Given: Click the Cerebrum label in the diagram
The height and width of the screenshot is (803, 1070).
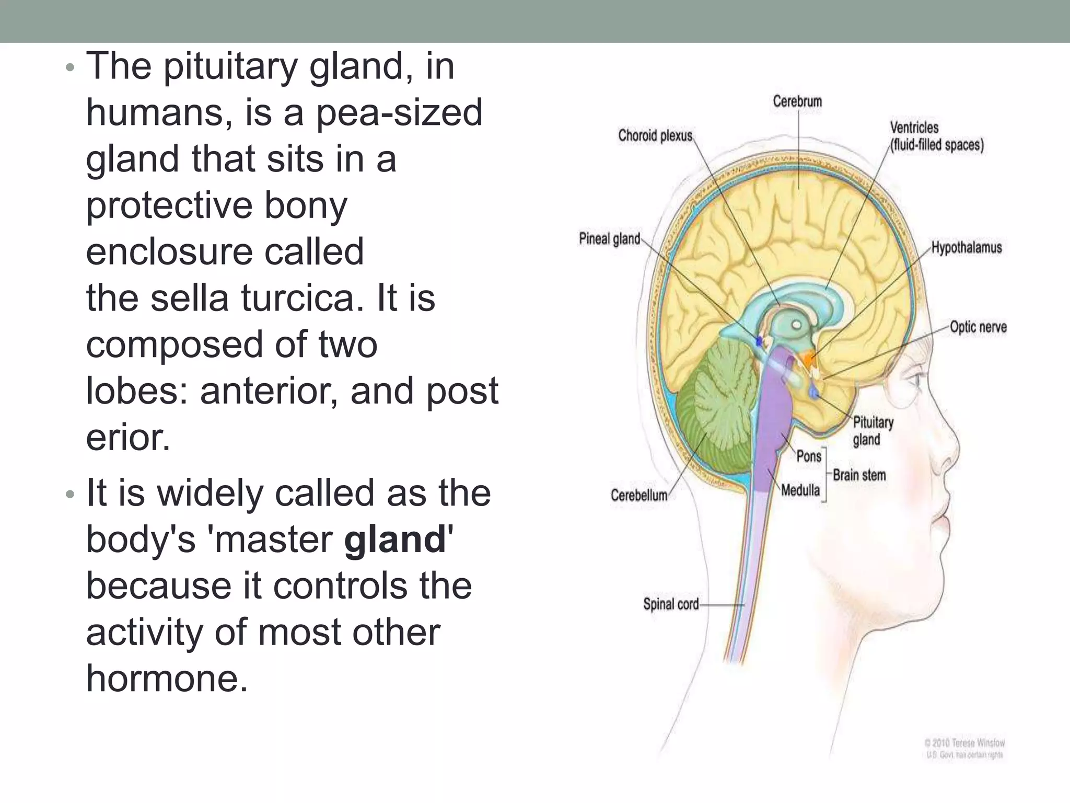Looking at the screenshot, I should (x=797, y=101).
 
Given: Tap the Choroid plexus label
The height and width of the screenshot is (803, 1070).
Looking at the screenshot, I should (x=655, y=136).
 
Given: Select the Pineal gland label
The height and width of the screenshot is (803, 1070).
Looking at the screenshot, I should (x=609, y=239).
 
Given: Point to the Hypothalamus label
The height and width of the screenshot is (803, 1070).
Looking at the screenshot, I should (x=967, y=248).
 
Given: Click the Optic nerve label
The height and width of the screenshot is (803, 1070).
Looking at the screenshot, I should (x=978, y=327).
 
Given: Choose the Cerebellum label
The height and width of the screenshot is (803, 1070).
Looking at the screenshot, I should (x=639, y=495).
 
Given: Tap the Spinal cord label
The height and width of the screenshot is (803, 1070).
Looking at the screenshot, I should (x=671, y=604).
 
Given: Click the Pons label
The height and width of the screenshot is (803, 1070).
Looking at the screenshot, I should (x=809, y=456).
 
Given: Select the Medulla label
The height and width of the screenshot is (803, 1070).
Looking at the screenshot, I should (x=800, y=490).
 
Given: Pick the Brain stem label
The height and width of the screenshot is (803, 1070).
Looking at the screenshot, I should (x=859, y=475).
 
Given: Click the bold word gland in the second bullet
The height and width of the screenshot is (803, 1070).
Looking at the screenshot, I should (x=395, y=540).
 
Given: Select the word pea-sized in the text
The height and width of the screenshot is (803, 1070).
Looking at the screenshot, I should (x=399, y=113).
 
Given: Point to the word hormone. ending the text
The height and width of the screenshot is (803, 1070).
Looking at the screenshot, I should (x=167, y=679).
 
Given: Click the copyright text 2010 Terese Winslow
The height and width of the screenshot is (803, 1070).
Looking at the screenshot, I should (x=964, y=743).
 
